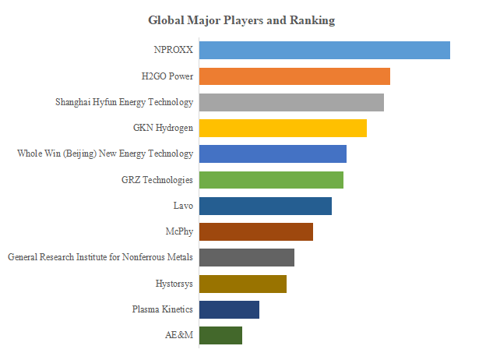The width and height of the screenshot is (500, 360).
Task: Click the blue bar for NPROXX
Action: click(x=324, y=50)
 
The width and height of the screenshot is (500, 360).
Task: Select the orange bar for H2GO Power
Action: click(x=294, y=76)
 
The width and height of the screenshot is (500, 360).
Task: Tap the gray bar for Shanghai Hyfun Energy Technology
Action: click(x=291, y=102)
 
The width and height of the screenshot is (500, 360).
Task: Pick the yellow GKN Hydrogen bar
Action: click(x=283, y=128)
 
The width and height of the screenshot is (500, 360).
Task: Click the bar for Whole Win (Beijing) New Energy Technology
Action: click(x=273, y=154)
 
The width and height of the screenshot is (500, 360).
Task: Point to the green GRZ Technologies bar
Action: click(x=271, y=180)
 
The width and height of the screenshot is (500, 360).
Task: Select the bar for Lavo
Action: click(x=266, y=206)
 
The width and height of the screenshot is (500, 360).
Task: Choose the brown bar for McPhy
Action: click(x=256, y=231)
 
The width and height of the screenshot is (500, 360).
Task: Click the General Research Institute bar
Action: click(x=247, y=257)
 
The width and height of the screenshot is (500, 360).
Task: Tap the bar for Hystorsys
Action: click(x=243, y=284)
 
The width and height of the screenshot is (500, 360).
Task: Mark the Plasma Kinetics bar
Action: click(x=229, y=309)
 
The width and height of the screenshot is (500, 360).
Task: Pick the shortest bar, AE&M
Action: click(x=220, y=335)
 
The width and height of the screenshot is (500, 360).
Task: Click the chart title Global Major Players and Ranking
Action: click(x=241, y=20)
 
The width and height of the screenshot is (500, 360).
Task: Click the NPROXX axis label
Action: click(x=174, y=51)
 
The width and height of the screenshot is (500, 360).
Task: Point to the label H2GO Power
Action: click(x=167, y=76)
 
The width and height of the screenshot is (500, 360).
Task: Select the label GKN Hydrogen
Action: click(x=164, y=128)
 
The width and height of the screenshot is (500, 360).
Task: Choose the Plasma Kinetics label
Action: click(x=163, y=309)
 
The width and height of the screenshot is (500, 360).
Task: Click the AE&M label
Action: click(x=180, y=335)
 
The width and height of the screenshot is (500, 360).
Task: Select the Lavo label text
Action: click(x=183, y=206)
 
